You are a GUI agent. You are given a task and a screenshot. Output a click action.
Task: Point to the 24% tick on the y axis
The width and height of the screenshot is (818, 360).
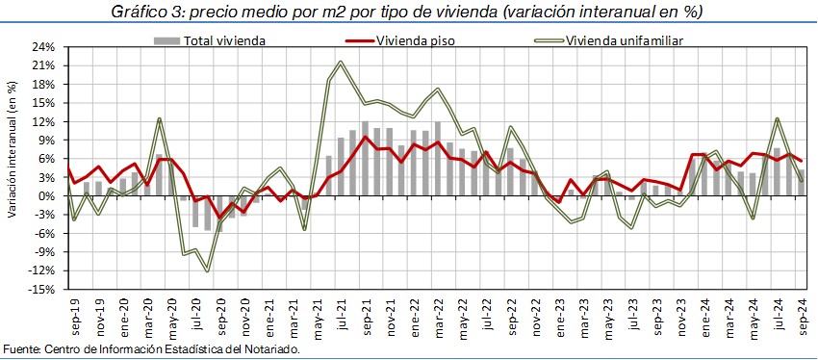[53, 47]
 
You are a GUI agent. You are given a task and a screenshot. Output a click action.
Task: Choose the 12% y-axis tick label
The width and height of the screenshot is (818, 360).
[53, 122]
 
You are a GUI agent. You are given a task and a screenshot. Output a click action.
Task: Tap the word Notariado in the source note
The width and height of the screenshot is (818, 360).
[276, 348]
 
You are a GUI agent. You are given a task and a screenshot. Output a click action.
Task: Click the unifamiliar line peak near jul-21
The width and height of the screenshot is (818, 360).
[341, 63]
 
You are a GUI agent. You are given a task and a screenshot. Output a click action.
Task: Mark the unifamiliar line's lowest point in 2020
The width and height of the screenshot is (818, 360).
[207, 270]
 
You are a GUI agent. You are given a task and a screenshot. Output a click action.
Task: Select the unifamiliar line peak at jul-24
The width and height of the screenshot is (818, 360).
[778, 119]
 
